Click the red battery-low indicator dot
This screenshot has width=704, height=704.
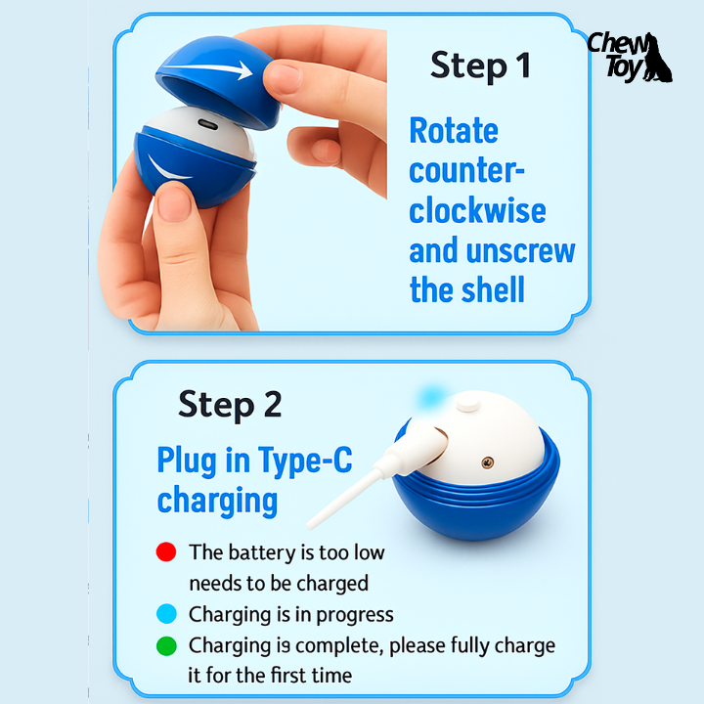pyautogui.click(x=166, y=551)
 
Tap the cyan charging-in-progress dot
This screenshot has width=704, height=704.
pyautogui.click(x=166, y=614)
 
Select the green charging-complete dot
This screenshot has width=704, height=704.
pyautogui.click(x=166, y=646)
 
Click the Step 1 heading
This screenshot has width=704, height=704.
pyautogui.click(x=480, y=66)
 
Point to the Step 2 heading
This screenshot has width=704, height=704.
pyautogui.click(x=230, y=405)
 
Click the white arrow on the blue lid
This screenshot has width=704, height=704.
pyautogui.click(x=208, y=69)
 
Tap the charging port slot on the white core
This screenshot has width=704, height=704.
pyautogui.click(x=208, y=124)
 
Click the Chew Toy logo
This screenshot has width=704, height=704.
pyautogui.click(x=630, y=57)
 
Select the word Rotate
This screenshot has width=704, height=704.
pyautogui.click(x=454, y=131)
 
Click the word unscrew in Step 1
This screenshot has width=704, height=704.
pyautogui.click(x=521, y=251)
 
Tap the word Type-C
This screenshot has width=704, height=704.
pyautogui.click(x=305, y=461)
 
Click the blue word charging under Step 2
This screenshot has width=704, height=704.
pyautogui.click(x=217, y=501)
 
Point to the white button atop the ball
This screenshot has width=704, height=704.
pyautogui.click(x=467, y=401)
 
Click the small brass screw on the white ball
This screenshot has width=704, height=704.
pyautogui.click(x=488, y=462)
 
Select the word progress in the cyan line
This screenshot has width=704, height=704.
pyautogui.click(x=355, y=615)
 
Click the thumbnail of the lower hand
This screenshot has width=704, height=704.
pyautogui.click(x=174, y=204)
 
